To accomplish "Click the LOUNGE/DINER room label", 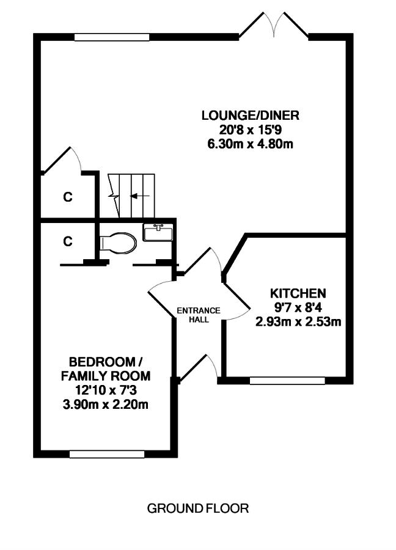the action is point(250,116).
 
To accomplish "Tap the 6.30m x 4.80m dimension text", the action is point(250,144).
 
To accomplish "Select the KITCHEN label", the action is point(298,293).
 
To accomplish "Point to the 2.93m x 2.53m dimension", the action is point(298,321).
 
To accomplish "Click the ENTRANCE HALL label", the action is point(199,315).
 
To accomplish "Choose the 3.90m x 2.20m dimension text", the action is point(105,405).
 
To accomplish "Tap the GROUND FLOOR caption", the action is point(198,508).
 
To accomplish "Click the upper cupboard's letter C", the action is point(68,197).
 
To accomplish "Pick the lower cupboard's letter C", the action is point(68,241).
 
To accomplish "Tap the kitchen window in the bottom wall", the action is point(287,381).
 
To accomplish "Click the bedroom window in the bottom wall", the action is point(107,454).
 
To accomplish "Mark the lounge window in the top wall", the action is point(112,37).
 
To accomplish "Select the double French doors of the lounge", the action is point(274,24).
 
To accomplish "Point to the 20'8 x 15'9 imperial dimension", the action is point(250,130).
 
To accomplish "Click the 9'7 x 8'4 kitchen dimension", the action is point(298,307).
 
